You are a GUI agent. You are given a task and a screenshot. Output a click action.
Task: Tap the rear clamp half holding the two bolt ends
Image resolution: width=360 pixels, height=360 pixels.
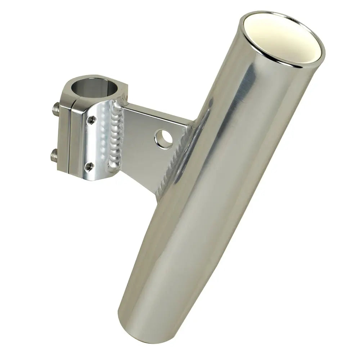point(63,133)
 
